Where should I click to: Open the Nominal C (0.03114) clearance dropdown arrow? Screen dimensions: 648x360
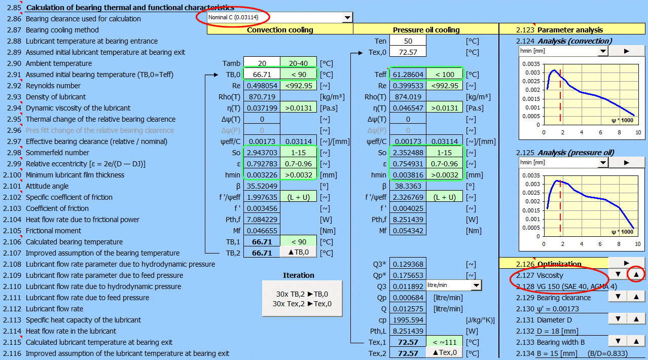coord(347,18)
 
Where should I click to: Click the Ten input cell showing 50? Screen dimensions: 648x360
coord(408,41)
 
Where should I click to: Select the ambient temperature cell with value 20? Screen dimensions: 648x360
coord(262,63)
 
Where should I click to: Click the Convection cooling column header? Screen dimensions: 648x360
coord(280,30)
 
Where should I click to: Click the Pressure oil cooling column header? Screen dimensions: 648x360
coord(426,30)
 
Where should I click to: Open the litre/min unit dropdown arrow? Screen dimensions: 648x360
coord(476,285)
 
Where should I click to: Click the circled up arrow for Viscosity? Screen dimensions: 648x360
coord(636,274)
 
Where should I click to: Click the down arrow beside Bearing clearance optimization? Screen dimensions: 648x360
coord(618,296)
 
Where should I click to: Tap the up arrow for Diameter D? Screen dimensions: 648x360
coord(636,319)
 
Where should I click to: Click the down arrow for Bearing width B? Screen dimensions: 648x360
coord(618,341)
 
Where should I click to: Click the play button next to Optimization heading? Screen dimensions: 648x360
coord(627,263)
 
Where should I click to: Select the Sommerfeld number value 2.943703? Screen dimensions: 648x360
coord(262,153)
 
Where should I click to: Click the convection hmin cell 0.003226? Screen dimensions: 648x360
coord(262,175)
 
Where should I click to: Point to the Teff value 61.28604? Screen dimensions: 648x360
coord(408,75)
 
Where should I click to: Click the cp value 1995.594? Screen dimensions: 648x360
coord(408,320)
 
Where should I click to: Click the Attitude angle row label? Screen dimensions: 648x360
coord(47,186)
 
